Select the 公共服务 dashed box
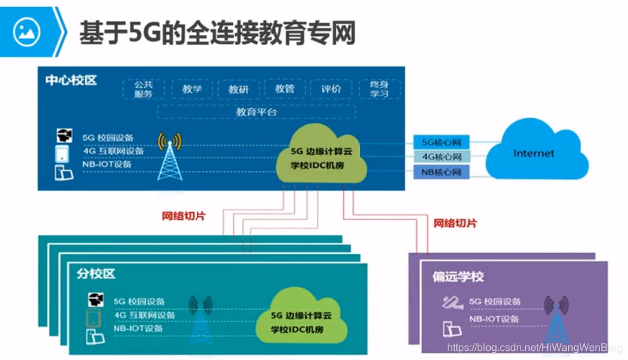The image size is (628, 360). tap(143, 89)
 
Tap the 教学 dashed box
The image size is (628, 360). tap(192, 89)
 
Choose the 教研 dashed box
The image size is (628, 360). tap(238, 89)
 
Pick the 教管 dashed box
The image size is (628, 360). tap(284, 89)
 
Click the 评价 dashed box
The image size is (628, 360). tap(331, 89)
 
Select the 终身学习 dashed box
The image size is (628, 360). tap(379, 89)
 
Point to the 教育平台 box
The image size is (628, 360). tap(256, 111)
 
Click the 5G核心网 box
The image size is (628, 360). tap(442, 141)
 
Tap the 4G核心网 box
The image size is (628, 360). tap(442, 157)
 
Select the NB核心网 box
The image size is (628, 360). tap(442, 173)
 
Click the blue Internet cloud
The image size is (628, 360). tap(535, 153)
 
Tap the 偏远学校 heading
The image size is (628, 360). tap(458, 277)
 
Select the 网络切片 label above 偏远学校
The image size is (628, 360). tap(455, 223)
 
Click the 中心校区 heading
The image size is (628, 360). tap(71, 80)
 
